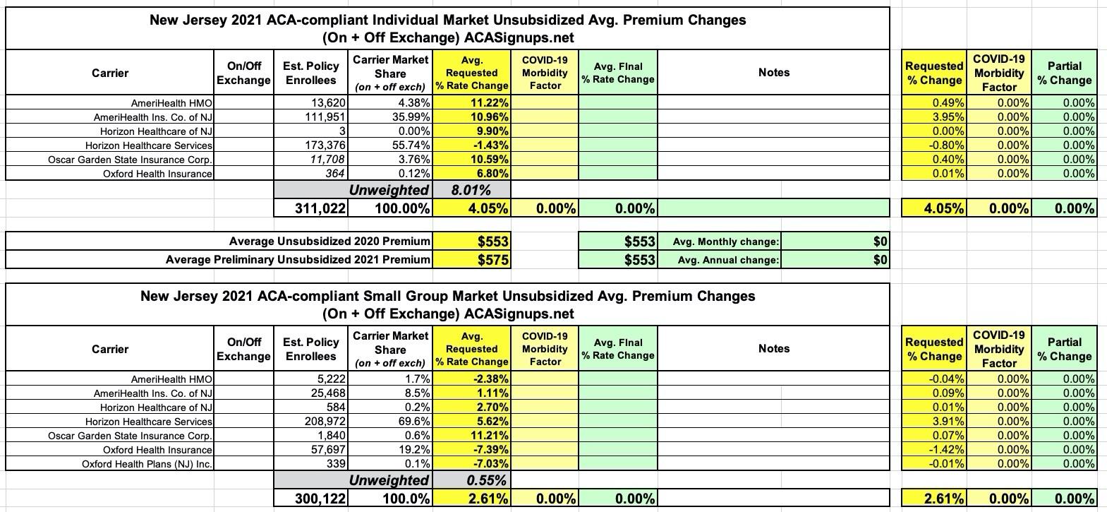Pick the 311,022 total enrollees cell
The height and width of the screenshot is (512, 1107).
(x=320, y=208)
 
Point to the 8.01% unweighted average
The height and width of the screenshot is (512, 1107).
(x=471, y=190)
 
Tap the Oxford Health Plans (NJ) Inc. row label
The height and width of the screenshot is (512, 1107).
(x=147, y=463)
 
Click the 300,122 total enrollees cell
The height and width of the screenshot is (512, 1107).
(x=320, y=499)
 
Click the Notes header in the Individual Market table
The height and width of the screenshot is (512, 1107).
(x=774, y=73)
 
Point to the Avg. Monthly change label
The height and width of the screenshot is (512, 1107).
(x=726, y=242)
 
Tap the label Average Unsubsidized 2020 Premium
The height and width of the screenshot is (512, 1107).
(x=329, y=242)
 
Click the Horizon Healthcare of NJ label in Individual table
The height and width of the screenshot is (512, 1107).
(x=156, y=131)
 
